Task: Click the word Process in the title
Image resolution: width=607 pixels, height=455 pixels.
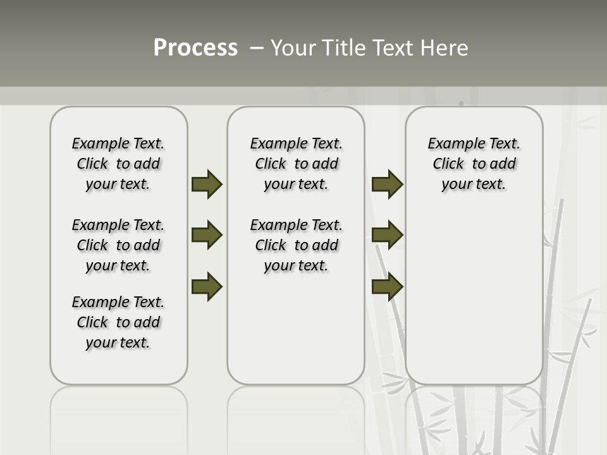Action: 195,48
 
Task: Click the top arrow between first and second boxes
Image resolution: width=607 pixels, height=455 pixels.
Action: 206,184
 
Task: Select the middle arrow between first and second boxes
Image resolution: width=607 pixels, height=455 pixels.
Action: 206,235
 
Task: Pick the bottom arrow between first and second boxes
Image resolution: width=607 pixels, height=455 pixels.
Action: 206,286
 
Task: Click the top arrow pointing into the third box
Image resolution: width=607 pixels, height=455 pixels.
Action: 387,184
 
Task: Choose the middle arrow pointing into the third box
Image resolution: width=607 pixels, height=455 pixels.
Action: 387,235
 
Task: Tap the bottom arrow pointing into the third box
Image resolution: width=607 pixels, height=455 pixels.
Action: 387,286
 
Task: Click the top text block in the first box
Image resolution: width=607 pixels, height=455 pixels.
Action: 118,164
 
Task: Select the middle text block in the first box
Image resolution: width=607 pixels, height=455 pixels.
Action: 118,245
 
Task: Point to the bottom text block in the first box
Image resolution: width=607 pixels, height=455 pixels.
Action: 118,322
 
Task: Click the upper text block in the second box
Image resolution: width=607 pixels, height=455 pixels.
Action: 296,164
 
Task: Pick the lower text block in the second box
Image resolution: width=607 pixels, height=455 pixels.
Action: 296,245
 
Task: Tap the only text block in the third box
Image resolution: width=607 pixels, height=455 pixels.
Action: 474,164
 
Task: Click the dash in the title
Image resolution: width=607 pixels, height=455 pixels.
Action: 257,48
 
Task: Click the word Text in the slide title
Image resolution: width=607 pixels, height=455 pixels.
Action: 394,48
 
